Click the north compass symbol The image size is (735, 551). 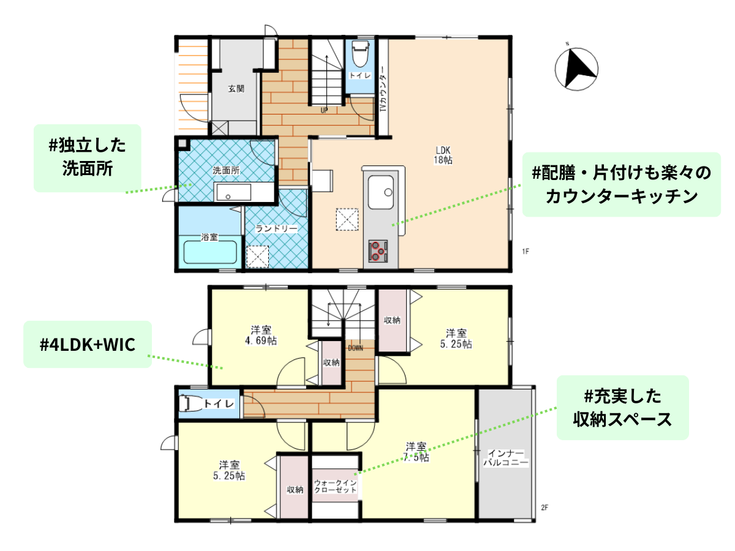(576, 69)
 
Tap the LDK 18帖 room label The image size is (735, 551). (443, 155)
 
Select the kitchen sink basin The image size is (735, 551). (381, 192)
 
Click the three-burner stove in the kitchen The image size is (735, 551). (378, 250)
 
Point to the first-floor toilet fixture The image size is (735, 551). (360, 55)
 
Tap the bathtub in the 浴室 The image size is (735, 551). (210, 252)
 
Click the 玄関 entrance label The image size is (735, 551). (236, 89)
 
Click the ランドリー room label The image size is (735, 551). (276, 228)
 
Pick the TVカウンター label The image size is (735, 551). (383, 89)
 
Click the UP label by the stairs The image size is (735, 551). (324, 110)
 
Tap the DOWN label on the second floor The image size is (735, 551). (355, 348)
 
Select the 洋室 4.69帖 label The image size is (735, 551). (261, 335)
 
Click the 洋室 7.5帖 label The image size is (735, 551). (416, 452)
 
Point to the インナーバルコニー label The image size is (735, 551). (506, 459)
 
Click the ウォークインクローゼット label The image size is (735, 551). (335, 487)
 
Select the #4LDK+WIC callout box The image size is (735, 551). (88, 344)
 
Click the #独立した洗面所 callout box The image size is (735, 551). (88, 158)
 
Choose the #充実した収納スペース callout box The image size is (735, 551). (622, 408)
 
